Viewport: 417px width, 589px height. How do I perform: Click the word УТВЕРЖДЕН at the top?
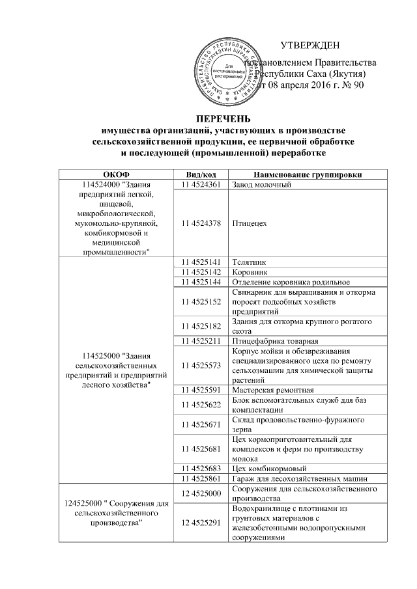pos(309,45)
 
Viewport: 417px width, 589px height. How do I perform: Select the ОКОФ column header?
pos(116,174)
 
